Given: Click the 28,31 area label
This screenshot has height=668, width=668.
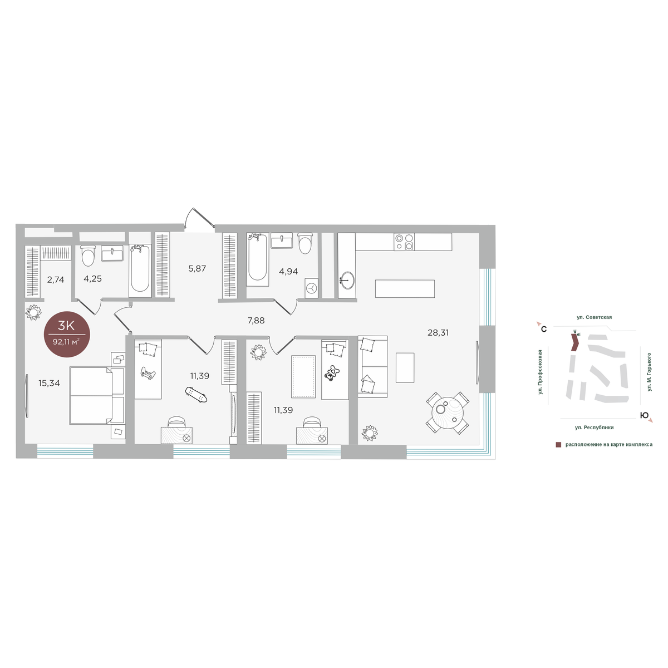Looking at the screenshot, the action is tap(438, 333).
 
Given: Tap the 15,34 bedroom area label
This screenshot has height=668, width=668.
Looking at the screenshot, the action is tap(49, 383).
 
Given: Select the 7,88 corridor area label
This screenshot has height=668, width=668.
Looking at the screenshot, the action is tap(256, 321).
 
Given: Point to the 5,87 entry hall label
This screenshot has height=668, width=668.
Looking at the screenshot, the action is tap(197, 268).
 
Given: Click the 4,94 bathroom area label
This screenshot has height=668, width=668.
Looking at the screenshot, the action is tap(288, 272).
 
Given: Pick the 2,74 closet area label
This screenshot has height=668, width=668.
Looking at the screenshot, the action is tap(56, 279).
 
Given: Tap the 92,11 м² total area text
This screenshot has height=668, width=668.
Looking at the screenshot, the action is tap(66, 342).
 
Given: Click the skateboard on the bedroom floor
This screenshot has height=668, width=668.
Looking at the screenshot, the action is tap(196, 395).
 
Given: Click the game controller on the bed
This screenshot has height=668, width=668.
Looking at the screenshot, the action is tap(148, 374).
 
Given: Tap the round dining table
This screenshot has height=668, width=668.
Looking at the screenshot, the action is tap(448, 412).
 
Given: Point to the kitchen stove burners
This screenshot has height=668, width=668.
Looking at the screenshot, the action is tap(404, 242).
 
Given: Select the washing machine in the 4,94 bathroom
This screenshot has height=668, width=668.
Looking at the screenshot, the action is tap(312, 288).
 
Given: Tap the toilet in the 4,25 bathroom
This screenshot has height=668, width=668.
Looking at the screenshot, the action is tap(88, 256).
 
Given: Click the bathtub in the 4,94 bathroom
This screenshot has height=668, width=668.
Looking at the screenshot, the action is tap(257, 259).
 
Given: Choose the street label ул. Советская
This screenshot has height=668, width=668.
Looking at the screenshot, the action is tap(594, 317).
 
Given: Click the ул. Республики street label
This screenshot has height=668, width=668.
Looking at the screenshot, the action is tap(594, 428).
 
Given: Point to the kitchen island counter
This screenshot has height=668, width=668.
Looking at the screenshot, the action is tap(405, 289).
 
